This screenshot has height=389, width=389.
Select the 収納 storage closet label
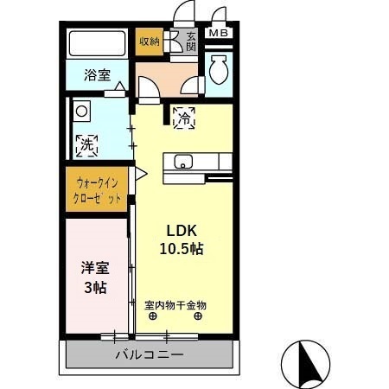click(149, 41)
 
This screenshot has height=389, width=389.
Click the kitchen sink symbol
click(185, 161)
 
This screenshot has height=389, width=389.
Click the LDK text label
click(182, 231)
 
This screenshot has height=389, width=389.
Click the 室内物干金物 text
click(175, 305)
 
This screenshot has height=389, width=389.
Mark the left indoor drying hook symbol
click(153, 316)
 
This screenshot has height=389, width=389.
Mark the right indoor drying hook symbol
click(199, 316)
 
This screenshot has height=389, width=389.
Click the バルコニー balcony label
click(147, 354)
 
